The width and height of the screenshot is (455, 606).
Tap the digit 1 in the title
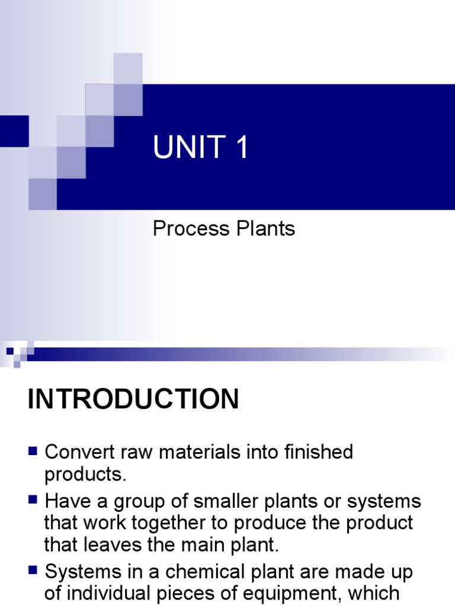(x=241, y=147)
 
